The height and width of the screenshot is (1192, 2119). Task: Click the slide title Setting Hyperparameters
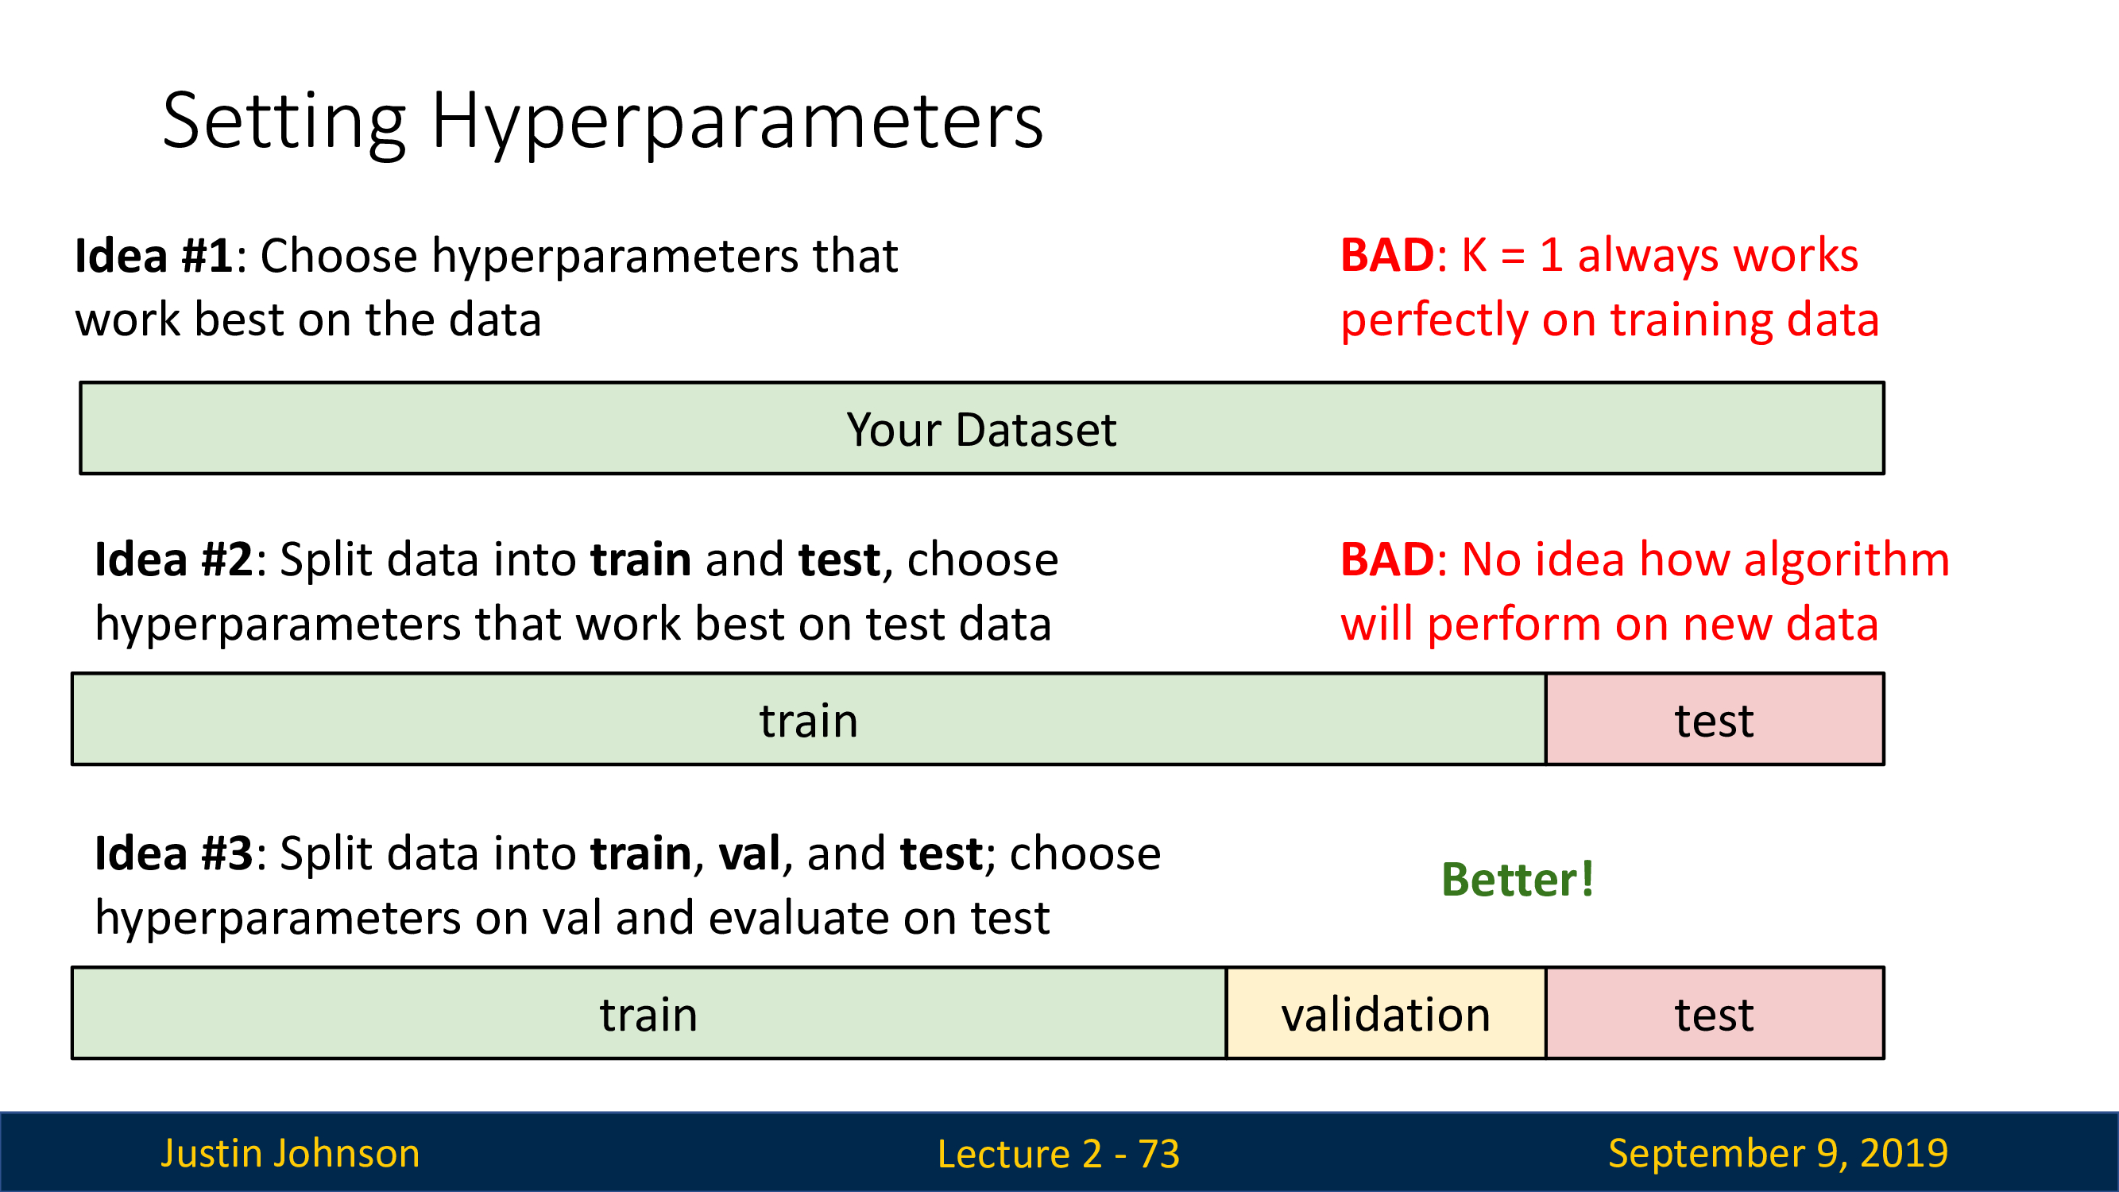pyautogui.click(x=603, y=122)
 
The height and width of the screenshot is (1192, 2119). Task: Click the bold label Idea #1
pyautogui.click(x=155, y=255)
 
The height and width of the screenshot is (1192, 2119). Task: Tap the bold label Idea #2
pyautogui.click(x=174, y=559)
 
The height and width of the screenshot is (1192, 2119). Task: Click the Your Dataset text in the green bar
pyautogui.click(x=981, y=429)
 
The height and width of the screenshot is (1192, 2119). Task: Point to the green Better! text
pyautogui.click(x=1518, y=880)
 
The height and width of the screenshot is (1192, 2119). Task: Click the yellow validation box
pyautogui.click(x=1386, y=1012)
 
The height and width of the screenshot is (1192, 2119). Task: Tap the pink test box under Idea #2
pyautogui.click(x=1715, y=719)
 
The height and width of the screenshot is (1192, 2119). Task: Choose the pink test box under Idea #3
pyautogui.click(x=1715, y=1012)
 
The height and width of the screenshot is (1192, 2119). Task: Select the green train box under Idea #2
pyautogui.click(x=810, y=719)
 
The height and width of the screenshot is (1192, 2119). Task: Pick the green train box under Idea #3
pyautogui.click(x=650, y=1012)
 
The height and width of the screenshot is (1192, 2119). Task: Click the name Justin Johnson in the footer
pyautogui.click(x=290, y=1153)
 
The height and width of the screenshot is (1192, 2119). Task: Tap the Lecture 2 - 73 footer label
pyautogui.click(x=1058, y=1153)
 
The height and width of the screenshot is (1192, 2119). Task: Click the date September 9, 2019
pyautogui.click(x=1778, y=1153)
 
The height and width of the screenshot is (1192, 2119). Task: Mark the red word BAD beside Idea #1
pyautogui.click(x=1388, y=255)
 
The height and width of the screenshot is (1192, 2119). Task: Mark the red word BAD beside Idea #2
pyautogui.click(x=1388, y=559)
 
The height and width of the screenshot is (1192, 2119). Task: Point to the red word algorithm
pyautogui.click(x=1846, y=561)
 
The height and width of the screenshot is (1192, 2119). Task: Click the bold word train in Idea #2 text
pyautogui.click(x=641, y=559)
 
